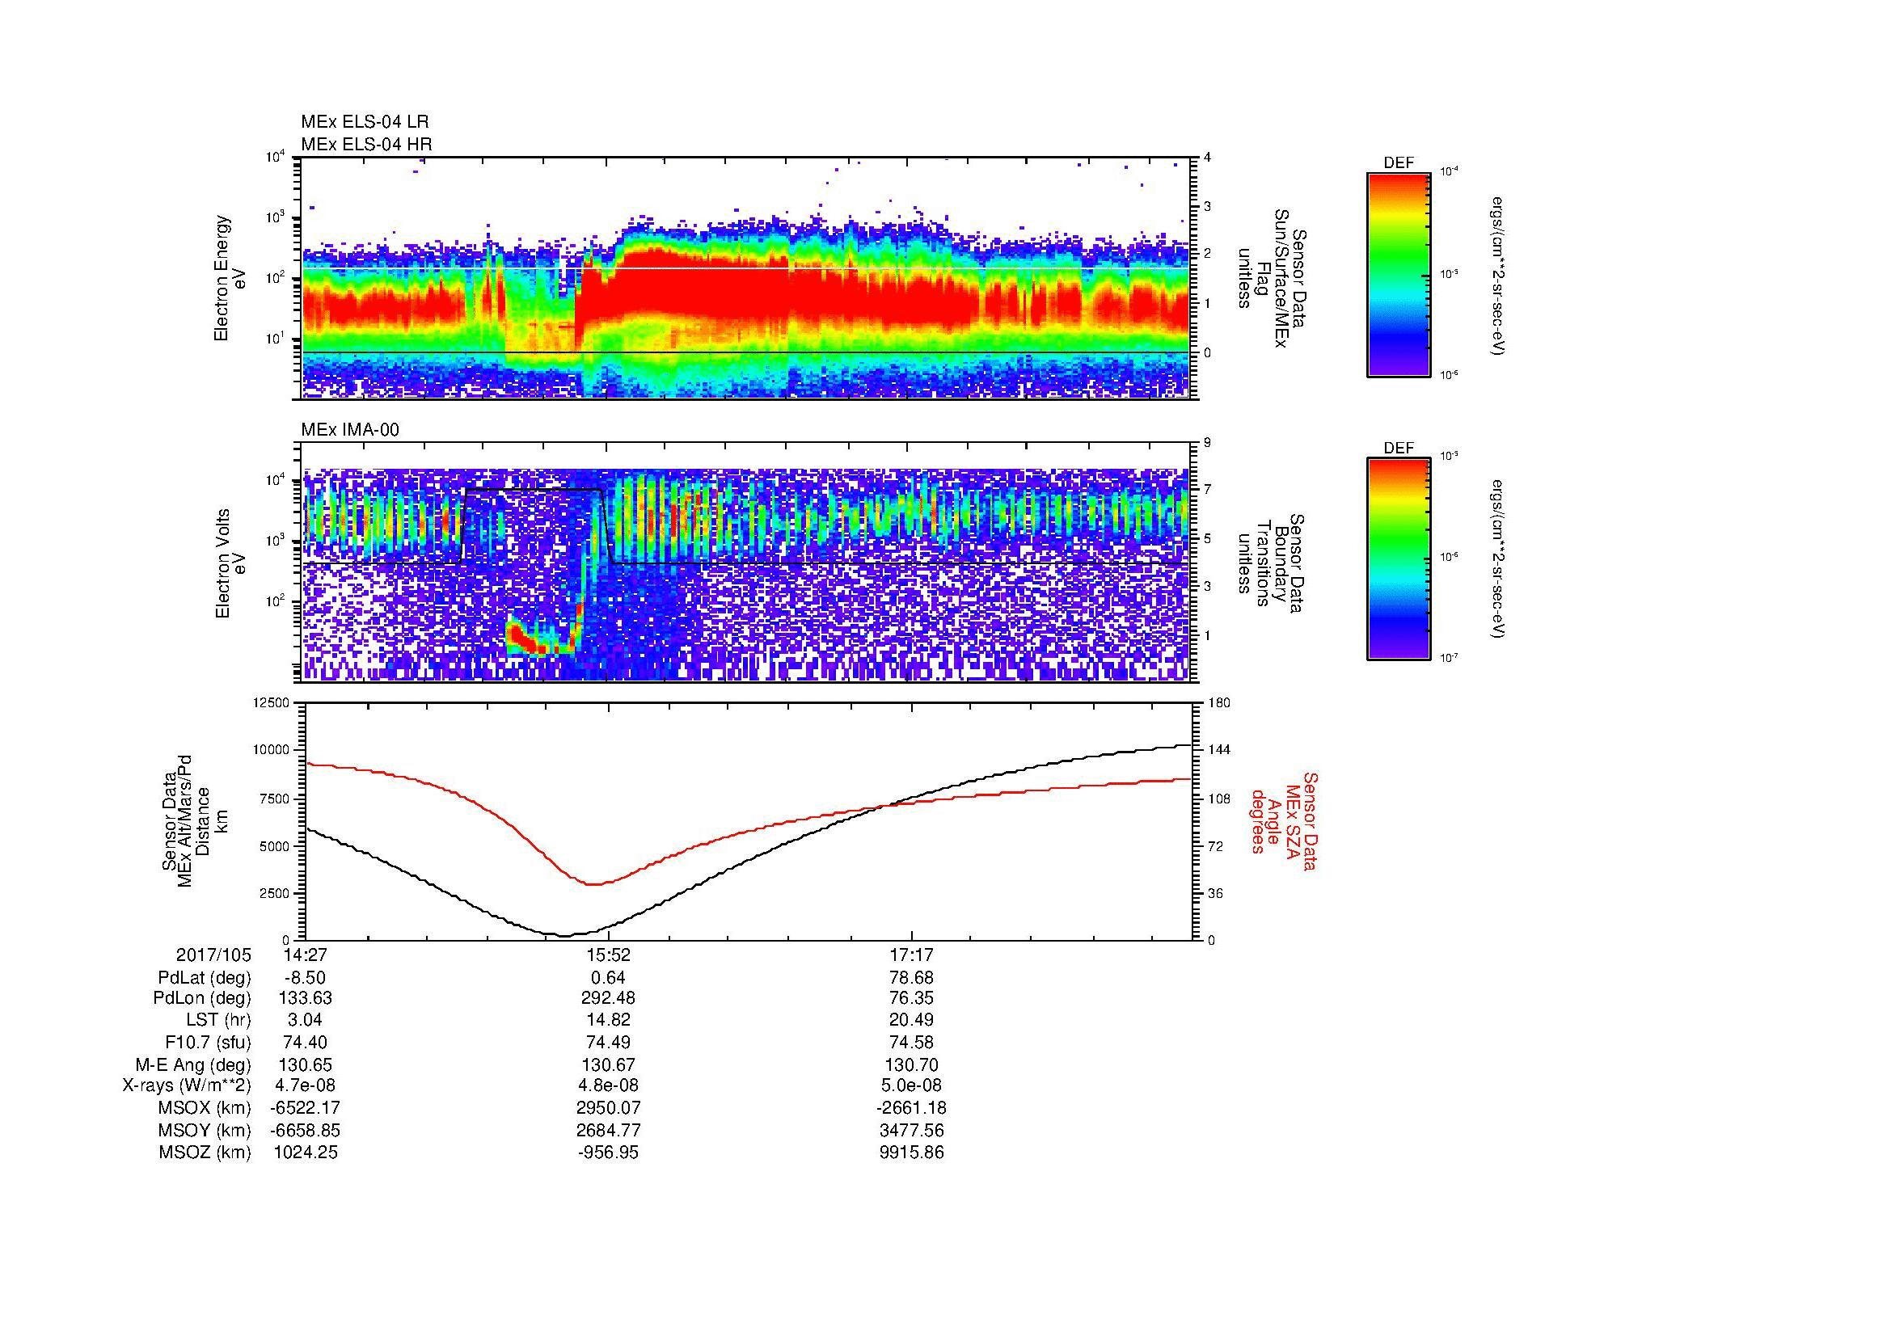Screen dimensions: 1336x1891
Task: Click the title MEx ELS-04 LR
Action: pos(365,122)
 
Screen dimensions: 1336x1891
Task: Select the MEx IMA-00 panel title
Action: pos(350,430)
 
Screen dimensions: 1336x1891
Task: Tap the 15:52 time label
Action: pos(608,955)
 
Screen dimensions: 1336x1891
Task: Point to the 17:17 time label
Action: pos(912,955)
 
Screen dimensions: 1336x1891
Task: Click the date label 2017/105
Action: pos(213,955)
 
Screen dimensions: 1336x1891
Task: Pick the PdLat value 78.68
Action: pos(912,978)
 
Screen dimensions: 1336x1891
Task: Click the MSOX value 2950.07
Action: pos(608,1108)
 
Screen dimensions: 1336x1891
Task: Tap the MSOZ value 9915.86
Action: pos(912,1153)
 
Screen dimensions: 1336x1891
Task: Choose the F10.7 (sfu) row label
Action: pos(208,1043)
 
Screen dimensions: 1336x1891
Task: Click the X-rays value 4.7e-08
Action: pos(305,1085)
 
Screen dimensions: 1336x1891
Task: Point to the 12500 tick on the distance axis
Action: pos(272,702)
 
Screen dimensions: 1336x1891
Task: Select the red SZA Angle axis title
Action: pos(1284,821)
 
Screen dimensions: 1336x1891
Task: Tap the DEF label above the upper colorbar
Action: pos(1398,163)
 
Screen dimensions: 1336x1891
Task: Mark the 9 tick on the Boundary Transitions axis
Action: pos(1207,443)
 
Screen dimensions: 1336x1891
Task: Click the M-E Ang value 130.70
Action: pos(912,1064)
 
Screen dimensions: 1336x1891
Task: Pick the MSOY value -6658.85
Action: pos(305,1130)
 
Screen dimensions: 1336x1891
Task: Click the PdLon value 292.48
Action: pos(608,998)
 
